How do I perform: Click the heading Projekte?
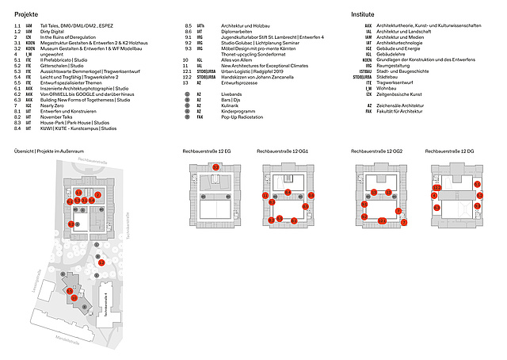tap(27, 14)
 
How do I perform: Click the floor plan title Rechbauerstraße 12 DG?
tap(452, 149)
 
